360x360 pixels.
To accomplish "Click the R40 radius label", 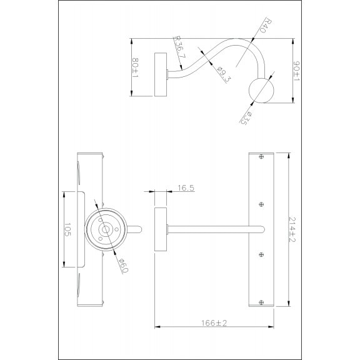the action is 267,26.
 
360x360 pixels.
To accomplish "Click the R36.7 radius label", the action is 180,47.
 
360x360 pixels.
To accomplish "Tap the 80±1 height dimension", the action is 136,67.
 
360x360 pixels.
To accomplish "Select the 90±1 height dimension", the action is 297,71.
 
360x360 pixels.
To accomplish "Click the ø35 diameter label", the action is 246,117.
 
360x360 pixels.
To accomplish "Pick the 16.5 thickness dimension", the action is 186,188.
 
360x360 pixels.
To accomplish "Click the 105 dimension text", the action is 67,229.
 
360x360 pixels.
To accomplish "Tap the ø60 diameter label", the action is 124,266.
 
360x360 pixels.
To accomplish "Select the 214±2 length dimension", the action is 292,229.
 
